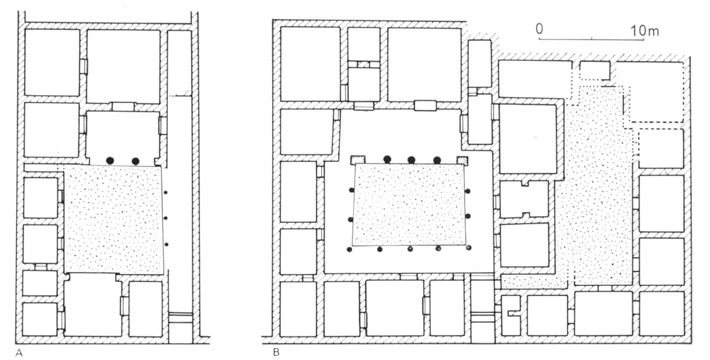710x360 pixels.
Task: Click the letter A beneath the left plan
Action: coord(19,354)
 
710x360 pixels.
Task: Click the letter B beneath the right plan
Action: coord(276,353)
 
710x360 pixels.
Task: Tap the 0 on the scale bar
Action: coord(539,29)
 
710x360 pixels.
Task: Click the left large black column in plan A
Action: coord(109,161)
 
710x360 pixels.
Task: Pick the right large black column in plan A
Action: coord(135,161)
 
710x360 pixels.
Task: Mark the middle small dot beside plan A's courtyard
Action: coord(166,218)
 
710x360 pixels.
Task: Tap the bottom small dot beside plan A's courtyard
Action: coord(166,245)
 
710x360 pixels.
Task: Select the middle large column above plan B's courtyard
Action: coord(411,159)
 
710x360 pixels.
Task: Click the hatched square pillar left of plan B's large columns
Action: coord(358,159)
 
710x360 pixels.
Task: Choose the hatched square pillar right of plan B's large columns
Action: coord(462,160)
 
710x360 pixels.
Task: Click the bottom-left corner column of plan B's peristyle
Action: coord(349,250)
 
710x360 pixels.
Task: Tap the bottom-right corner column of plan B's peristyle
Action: coord(469,247)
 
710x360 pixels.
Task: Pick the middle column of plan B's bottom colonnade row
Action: coord(410,249)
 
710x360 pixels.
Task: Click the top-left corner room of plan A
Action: coord(52,62)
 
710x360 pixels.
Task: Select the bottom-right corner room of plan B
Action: coord(662,313)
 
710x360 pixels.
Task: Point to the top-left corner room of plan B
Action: coord(310,64)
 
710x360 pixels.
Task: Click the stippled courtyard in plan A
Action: coord(113,219)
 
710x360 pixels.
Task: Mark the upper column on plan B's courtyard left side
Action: coord(351,190)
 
